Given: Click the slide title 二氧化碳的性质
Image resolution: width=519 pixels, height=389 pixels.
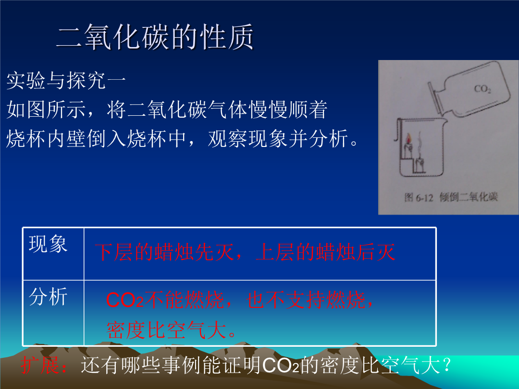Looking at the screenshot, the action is click(x=155, y=37).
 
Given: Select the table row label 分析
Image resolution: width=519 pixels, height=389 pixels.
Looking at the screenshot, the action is click(x=49, y=296).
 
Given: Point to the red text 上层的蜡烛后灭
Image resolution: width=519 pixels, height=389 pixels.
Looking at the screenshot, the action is click(x=326, y=252).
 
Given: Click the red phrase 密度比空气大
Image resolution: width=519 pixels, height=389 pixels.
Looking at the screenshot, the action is click(x=166, y=330).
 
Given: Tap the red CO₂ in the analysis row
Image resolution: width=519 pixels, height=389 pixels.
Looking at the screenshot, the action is click(x=125, y=300).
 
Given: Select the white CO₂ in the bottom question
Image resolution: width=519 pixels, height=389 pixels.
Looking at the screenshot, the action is click(x=281, y=365).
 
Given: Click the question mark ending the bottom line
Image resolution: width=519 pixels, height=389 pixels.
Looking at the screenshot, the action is click(x=446, y=365).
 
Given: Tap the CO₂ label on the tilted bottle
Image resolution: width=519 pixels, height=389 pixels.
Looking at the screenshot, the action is click(x=482, y=89).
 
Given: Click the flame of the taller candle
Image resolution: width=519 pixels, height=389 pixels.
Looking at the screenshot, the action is click(x=409, y=139).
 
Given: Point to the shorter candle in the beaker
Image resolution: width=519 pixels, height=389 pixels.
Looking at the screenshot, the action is click(x=420, y=165).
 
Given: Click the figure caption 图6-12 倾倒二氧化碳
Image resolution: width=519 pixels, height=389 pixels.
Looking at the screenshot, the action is click(x=451, y=197).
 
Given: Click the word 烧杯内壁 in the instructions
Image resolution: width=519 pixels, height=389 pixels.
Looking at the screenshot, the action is click(x=46, y=139).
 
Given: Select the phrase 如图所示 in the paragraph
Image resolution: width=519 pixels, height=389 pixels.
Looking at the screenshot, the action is click(x=46, y=109).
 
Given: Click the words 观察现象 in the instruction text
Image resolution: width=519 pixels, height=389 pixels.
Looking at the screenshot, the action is click(x=248, y=139).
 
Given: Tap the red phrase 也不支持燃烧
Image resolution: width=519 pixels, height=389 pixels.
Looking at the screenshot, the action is click(x=306, y=300).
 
